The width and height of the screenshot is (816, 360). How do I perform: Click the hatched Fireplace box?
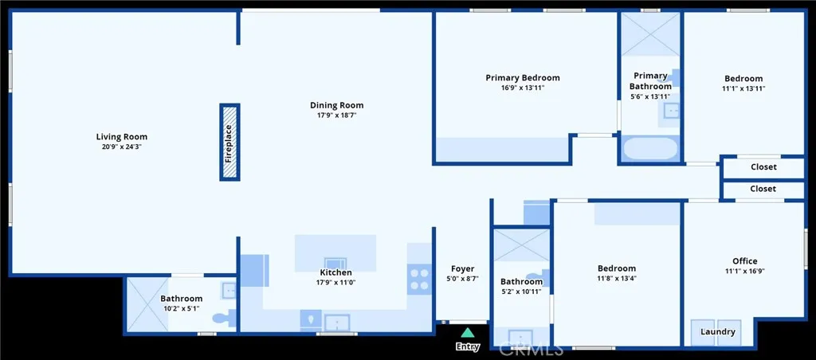pos(229,142)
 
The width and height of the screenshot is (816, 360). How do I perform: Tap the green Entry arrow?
pos(468,333)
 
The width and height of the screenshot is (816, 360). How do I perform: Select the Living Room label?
pos(122,137)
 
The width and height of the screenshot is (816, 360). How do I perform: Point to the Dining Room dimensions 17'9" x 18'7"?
pos(337,115)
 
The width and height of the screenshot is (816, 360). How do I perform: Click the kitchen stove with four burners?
pos(419,279)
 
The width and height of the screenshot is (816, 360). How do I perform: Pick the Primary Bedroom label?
pos(523,78)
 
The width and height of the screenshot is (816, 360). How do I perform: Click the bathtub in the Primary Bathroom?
pos(650,149)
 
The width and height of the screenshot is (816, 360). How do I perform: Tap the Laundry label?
pos(718,332)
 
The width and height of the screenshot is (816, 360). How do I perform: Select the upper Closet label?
pos(763,167)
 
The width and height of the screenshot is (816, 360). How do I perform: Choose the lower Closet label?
pos(763,189)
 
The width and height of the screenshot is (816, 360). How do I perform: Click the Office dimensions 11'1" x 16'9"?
pos(745,271)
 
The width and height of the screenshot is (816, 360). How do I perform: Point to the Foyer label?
pos(463,269)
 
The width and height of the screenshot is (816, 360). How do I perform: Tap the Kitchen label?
pos(336,272)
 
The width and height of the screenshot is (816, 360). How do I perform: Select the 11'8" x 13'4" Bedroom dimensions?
pos(617,278)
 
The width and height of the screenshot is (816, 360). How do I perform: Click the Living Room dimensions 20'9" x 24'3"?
pos(122,147)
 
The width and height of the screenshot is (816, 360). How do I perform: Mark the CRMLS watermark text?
pos(531,349)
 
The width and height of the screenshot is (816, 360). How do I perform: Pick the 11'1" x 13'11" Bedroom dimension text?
pos(743,88)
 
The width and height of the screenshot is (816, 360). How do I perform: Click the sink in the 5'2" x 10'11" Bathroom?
pos(520,337)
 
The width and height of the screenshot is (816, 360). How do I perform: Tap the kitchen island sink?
pos(335,264)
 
